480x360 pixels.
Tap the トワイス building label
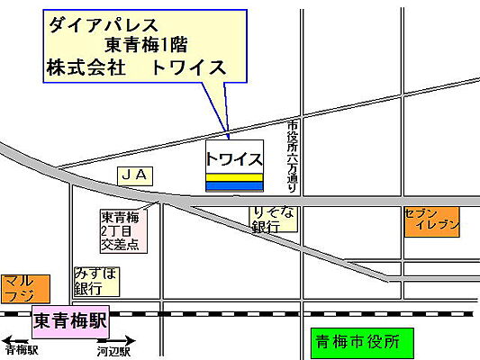(234, 159)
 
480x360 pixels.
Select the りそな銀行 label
(272, 219)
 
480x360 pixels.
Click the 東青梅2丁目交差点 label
(121, 229)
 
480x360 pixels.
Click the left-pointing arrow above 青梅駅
(18, 341)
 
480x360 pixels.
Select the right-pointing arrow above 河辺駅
(117, 341)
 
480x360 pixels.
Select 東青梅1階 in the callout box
(158, 46)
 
